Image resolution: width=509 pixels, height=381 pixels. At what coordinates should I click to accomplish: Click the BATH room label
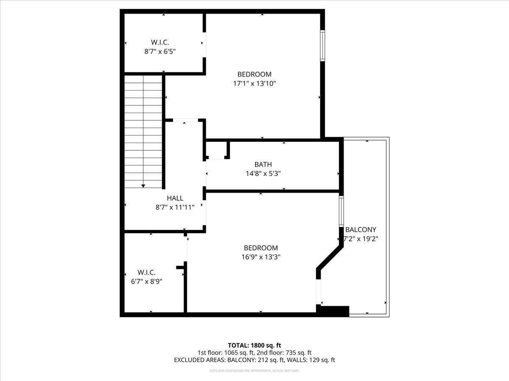(x=263, y=164)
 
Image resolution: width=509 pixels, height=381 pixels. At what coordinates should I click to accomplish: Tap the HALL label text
(x=175, y=198)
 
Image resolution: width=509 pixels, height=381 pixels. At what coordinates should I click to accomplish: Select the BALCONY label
(x=361, y=229)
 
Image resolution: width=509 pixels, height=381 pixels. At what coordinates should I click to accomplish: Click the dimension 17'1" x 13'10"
(x=254, y=83)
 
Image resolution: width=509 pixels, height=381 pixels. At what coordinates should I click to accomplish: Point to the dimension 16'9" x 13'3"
(x=260, y=257)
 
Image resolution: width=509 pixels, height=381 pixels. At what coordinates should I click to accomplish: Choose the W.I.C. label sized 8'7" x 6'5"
(x=160, y=42)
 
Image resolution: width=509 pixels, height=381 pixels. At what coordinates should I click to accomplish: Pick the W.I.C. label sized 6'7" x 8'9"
(x=147, y=272)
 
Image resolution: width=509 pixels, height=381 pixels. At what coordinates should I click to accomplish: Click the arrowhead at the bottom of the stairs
(x=143, y=185)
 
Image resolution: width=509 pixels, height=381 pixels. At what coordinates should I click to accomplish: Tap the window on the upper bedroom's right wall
(x=322, y=45)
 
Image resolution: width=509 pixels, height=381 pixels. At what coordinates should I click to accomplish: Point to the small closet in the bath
(x=217, y=150)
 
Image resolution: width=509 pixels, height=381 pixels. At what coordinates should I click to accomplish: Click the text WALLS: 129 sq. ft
(x=311, y=360)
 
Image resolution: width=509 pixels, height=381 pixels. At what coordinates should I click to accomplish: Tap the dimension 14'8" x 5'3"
(x=263, y=173)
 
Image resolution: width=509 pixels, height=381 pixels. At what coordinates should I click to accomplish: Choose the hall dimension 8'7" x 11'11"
(x=175, y=207)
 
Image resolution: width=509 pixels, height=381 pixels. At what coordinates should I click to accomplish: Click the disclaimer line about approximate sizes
(x=255, y=371)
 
